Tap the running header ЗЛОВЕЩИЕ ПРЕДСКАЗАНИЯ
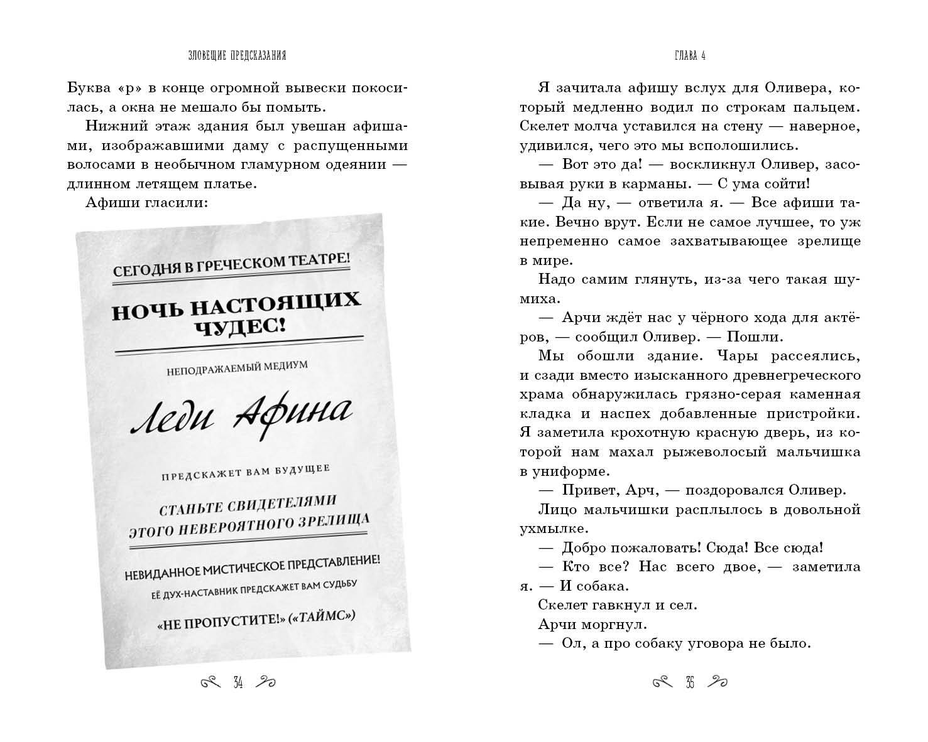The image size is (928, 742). [x=237, y=56]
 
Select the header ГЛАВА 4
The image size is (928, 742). [x=689, y=56]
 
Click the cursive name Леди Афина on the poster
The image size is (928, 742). [x=241, y=414]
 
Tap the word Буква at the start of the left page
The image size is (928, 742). [x=88, y=87]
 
